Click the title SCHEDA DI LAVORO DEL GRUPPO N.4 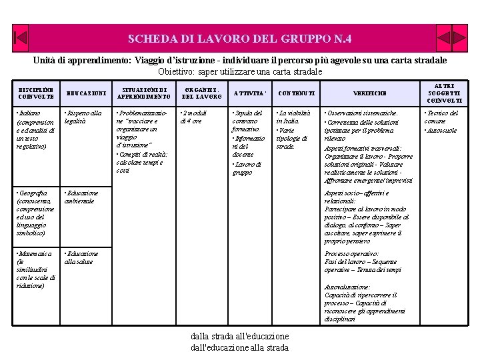[x=239, y=39]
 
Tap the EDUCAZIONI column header [x=87, y=93]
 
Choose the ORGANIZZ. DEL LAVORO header [x=201, y=93]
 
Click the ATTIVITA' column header [x=250, y=93]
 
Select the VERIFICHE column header [x=371, y=93]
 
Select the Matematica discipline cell [x=35, y=269]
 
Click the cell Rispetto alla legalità [x=83, y=117]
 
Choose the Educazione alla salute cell [x=81, y=257]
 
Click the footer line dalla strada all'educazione [x=239, y=336]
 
